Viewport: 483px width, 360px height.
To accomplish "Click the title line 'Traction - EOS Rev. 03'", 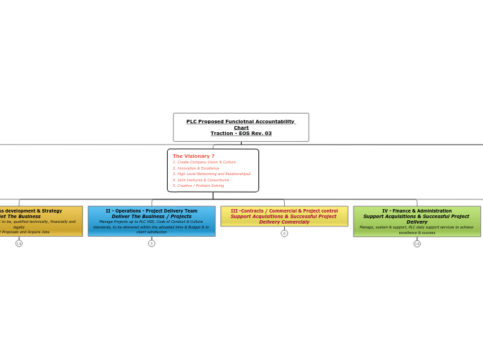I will pos(241,134).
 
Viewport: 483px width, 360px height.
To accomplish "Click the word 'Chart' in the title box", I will pos(241,127).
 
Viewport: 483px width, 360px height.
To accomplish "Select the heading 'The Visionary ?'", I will pos(193,156).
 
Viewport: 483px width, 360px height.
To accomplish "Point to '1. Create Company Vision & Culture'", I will pos(204,162).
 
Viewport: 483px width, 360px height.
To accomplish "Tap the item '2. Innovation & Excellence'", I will pos(196,168).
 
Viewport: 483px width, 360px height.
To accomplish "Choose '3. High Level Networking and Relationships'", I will pos(211,174).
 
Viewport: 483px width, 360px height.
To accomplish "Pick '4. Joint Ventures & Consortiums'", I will pos(201,180).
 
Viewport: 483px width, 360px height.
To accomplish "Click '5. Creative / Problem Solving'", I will pos(198,186).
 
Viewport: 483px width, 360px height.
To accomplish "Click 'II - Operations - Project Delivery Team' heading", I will pos(151,210).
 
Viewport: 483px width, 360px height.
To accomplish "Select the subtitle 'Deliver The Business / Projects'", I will pos(151,216).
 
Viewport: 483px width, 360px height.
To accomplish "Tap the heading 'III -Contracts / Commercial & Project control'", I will pos(284,210).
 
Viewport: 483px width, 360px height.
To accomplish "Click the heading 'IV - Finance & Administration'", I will pos(416,210).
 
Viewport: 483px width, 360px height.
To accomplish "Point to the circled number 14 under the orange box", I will pos(19,244).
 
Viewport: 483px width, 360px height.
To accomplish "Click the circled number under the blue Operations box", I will pos(152,244).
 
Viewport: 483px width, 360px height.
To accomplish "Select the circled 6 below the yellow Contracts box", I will pos(284,233).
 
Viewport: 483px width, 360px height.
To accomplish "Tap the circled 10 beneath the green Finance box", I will pos(417,244).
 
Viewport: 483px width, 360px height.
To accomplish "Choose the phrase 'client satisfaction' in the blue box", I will pos(151,232).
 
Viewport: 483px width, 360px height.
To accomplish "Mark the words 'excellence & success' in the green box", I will pos(416,233).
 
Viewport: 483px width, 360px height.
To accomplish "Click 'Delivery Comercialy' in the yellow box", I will pos(284,222).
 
